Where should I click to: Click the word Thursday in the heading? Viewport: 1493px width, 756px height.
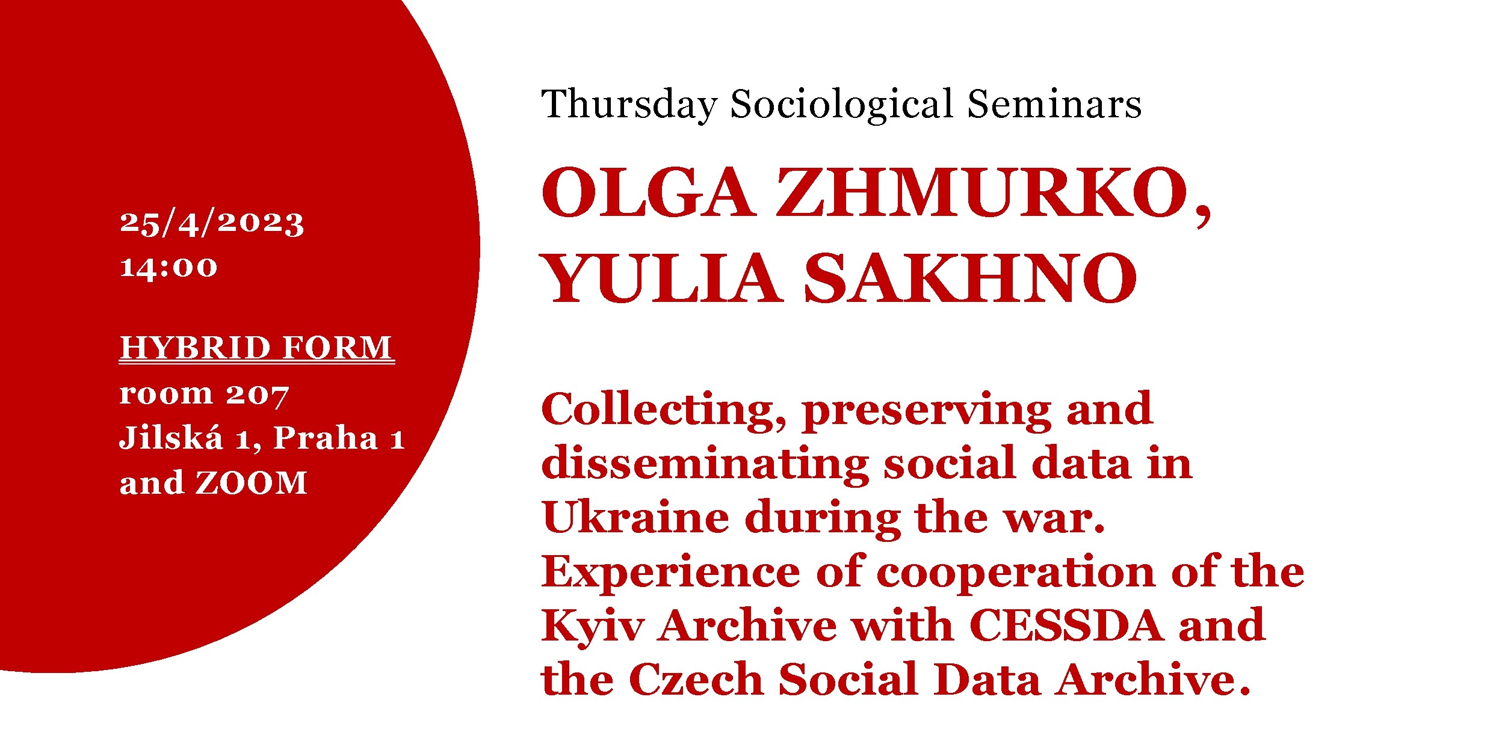click(x=629, y=105)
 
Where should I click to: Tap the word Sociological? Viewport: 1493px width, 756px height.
click(x=842, y=105)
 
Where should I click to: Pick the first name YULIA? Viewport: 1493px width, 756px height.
click(x=661, y=278)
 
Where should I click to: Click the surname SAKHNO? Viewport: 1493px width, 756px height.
click(x=970, y=278)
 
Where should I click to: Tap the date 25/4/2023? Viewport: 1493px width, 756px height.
click(x=212, y=223)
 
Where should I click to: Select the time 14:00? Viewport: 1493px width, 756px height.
click(x=168, y=266)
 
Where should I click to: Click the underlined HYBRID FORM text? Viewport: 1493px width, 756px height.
click(x=257, y=348)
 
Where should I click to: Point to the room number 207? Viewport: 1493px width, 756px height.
click(x=258, y=396)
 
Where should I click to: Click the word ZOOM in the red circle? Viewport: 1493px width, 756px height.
click(x=252, y=483)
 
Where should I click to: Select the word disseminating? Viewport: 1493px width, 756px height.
click(x=705, y=464)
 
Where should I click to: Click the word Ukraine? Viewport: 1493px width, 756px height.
click(x=635, y=517)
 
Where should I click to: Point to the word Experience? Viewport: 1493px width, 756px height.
click(x=671, y=573)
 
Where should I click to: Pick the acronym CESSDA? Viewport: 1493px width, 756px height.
click(x=1066, y=625)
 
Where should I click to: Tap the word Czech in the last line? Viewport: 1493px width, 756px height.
click(x=696, y=679)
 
